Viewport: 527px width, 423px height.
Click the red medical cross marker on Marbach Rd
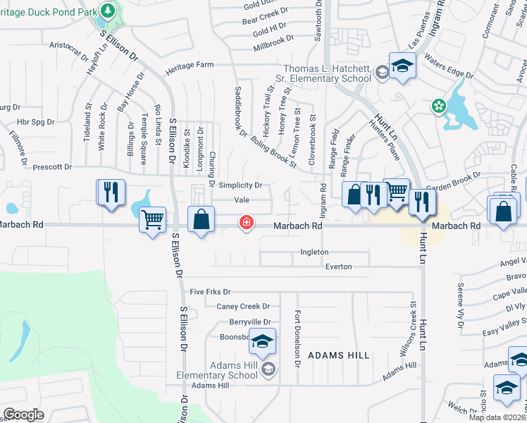tap(246, 223)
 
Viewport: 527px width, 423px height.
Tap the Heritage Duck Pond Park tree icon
tap(107, 11)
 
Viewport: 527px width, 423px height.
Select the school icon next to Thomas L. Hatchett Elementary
tap(402, 66)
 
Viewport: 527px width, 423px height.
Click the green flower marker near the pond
tap(439, 106)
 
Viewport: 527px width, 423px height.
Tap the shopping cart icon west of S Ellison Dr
tap(152, 220)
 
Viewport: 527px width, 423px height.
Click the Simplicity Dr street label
tap(240, 185)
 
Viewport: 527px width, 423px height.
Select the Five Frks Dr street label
tap(210, 291)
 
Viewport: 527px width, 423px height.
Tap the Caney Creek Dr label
tap(243, 307)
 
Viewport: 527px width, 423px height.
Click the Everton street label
tap(338, 266)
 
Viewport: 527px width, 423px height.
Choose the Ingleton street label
tap(314, 252)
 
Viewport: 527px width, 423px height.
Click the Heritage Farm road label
tap(190, 65)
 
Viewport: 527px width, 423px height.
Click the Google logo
tap(24, 414)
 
